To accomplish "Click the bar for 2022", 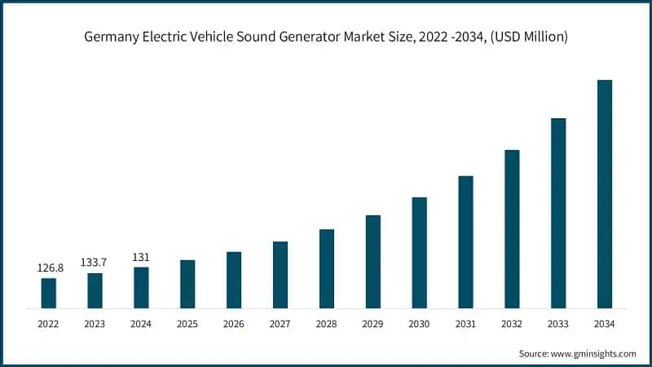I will [49, 294].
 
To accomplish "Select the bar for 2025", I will [187, 285].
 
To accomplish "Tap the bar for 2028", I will [326, 269].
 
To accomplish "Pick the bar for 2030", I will [419, 253].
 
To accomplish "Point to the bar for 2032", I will [512, 229].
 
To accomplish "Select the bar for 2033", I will [558, 214].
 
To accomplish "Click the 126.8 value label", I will [49, 268].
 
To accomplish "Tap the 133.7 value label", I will [95, 262].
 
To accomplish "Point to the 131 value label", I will [141, 257].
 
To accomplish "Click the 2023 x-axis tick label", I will [95, 324].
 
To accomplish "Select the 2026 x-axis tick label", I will [234, 324].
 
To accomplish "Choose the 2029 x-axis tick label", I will [372, 324].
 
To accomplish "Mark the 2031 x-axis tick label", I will [465, 324].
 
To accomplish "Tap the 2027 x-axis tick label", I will [280, 324].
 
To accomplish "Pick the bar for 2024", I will [141, 288].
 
